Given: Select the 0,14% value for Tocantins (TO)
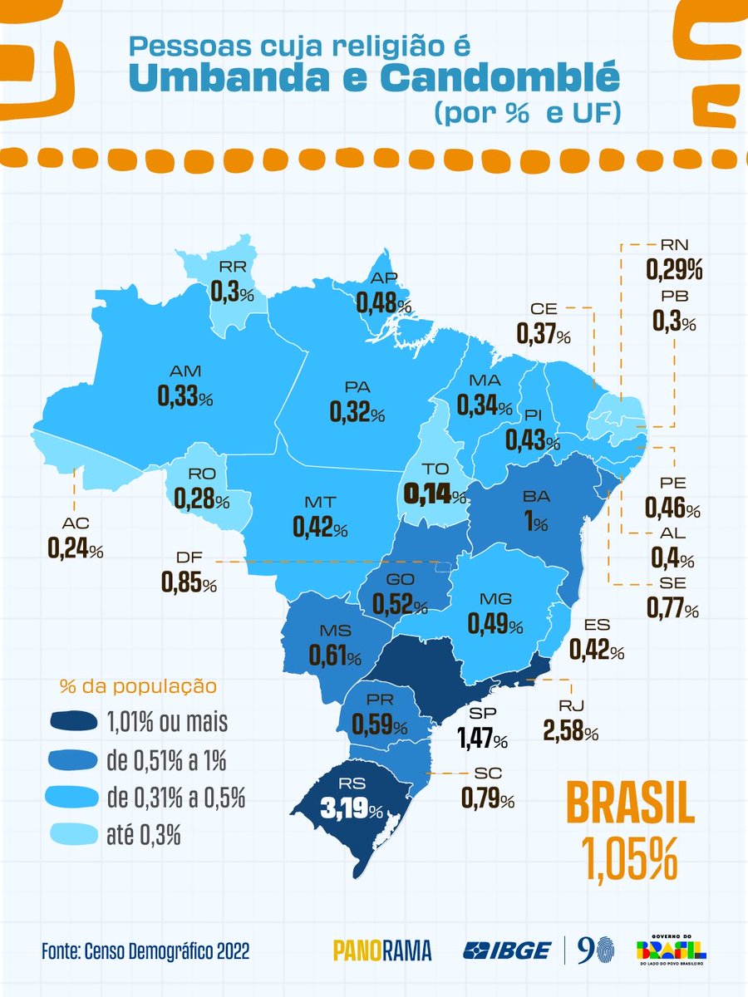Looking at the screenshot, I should click(434, 494).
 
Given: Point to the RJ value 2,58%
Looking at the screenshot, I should click(570, 733).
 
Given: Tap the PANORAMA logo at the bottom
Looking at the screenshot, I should click(382, 950).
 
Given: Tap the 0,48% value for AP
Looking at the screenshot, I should click(384, 304).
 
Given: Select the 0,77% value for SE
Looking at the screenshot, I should click(672, 608).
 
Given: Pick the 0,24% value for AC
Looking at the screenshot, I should click(75, 549).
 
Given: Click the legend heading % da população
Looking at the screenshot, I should click(138, 687).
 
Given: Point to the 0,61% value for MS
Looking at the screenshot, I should click(335, 655).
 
